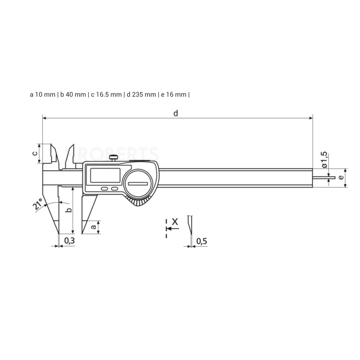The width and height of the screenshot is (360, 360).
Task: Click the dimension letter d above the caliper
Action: (x=176, y=113)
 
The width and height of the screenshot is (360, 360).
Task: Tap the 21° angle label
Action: (x=38, y=204)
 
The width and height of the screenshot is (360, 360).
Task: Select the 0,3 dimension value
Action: (x=69, y=240)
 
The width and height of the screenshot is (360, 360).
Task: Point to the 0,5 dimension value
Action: (x=202, y=241)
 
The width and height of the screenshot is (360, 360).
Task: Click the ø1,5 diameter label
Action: (x=324, y=160)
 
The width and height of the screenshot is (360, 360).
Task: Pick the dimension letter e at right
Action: (x=341, y=177)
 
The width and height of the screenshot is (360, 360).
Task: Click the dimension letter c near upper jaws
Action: (x=35, y=153)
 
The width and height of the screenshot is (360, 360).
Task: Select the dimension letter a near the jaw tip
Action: (x=94, y=227)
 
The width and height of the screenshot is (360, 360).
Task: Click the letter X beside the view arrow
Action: (x=175, y=222)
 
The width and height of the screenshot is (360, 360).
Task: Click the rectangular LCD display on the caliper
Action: (x=105, y=175)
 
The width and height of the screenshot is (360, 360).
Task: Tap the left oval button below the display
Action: (x=104, y=189)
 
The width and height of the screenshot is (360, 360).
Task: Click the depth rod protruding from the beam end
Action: (x=324, y=177)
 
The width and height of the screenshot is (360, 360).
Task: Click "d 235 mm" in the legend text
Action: (x=141, y=95)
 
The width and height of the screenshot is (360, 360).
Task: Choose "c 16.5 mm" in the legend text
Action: (x=106, y=95)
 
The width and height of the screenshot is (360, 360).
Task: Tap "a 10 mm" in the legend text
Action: (x=42, y=95)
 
